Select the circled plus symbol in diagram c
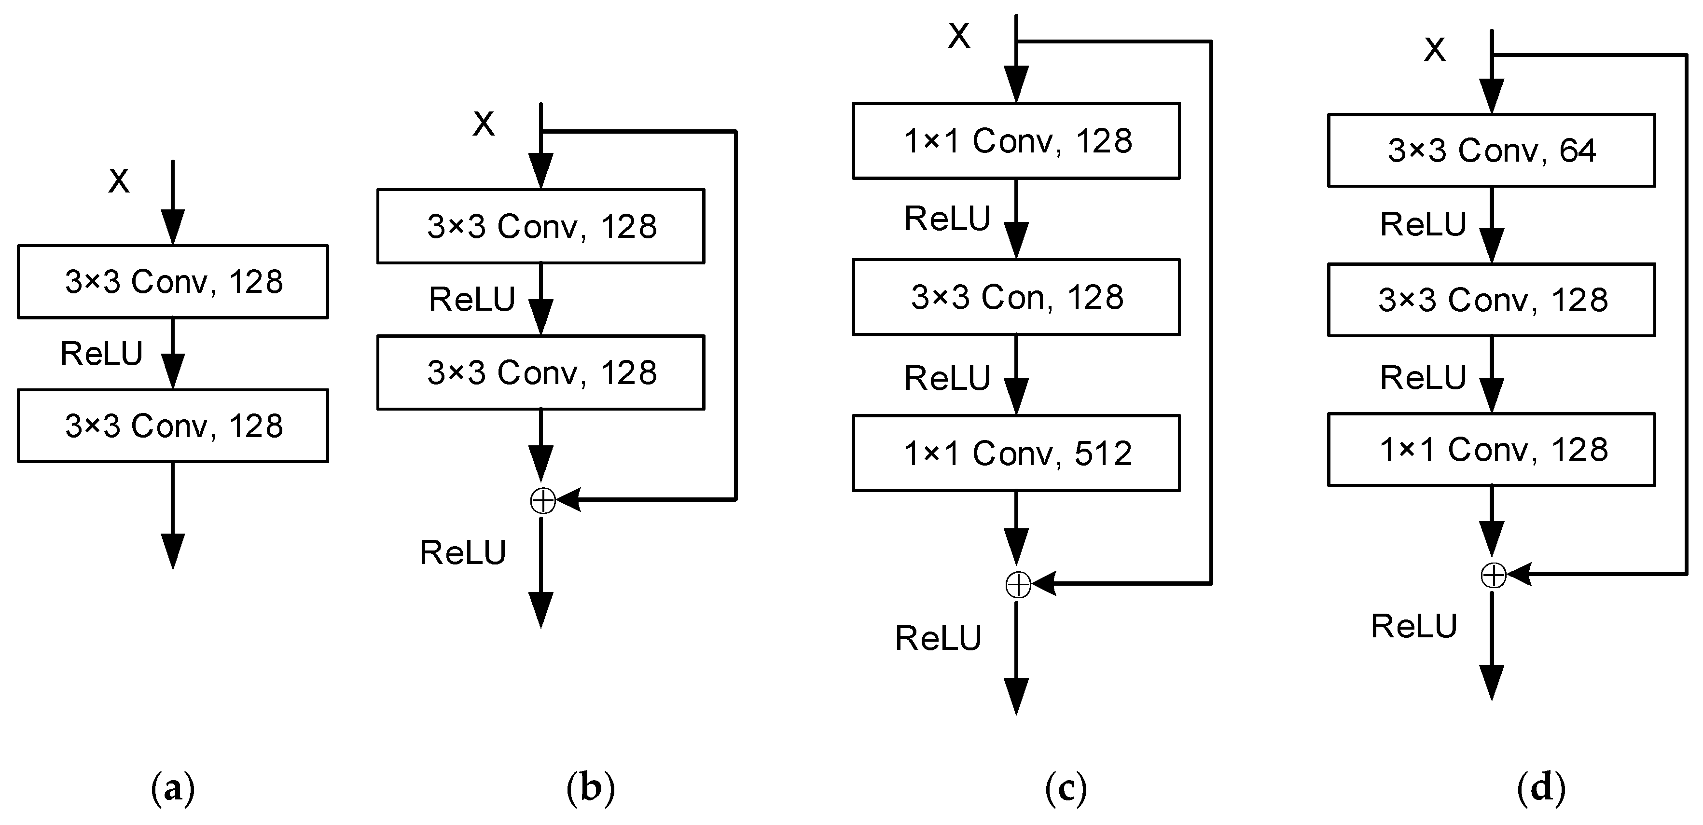click(x=1018, y=584)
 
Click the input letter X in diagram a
click(x=119, y=180)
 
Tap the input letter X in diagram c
click(x=958, y=36)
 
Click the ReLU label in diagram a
click(x=101, y=353)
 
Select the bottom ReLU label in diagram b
click(x=463, y=552)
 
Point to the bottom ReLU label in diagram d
click(x=1414, y=625)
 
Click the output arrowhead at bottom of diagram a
click(x=173, y=550)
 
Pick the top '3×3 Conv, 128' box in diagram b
click(x=541, y=226)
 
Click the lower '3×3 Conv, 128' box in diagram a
click(x=173, y=425)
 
